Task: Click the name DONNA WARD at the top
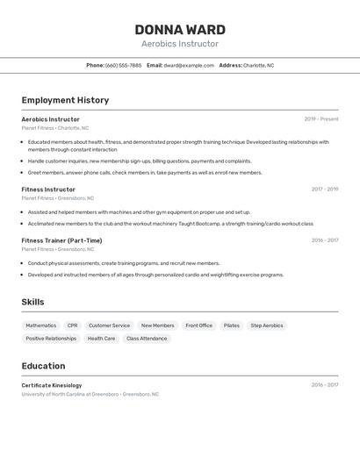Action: [x=180, y=29]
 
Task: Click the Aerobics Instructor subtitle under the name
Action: [x=180, y=44]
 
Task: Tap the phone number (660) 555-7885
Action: [x=123, y=65]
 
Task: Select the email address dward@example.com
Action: [x=189, y=65]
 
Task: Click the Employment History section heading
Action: [x=65, y=100]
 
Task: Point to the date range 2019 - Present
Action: [x=321, y=118]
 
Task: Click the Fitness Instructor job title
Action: [x=48, y=190]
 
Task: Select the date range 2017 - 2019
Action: [x=324, y=189]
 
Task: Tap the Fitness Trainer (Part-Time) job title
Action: [x=61, y=240]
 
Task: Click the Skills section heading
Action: [x=33, y=302]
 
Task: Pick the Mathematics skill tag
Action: [x=40, y=325]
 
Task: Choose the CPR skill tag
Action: [x=72, y=325]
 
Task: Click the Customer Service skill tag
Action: [x=109, y=325]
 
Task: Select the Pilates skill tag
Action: [x=231, y=325]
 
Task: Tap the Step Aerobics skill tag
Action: [x=267, y=325]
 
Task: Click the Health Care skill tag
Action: [x=101, y=339]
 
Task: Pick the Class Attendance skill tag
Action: [x=147, y=339]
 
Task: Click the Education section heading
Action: [x=43, y=366]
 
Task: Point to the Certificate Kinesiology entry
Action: [x=52, y=385]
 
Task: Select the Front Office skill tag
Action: [x=199, y=325]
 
